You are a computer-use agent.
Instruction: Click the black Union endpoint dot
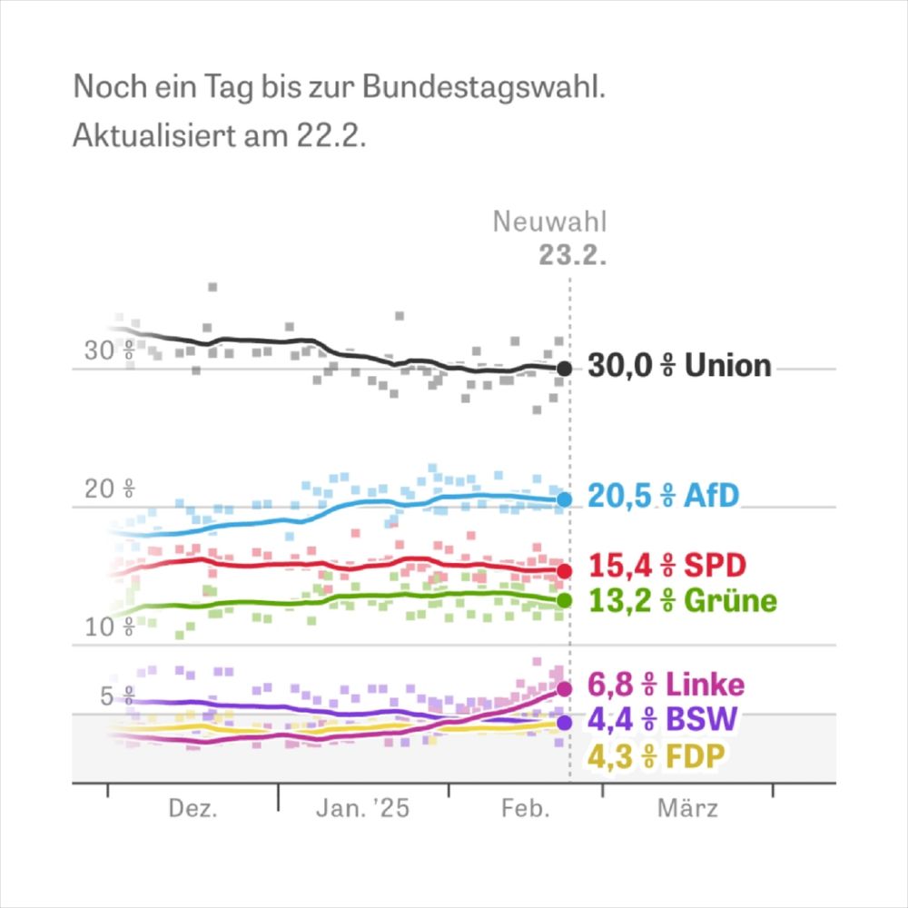coord(564,369)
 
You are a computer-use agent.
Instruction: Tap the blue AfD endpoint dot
coord(564,499)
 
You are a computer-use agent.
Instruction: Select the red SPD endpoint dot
coord(564,571)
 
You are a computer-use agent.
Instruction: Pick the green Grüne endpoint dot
coord(564,600)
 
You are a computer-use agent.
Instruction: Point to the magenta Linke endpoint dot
coord(564,689)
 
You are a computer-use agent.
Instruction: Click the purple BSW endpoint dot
coord(564,723)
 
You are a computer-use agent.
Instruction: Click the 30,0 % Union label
coord(679,366)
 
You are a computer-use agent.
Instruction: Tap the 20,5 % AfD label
coord(663,496)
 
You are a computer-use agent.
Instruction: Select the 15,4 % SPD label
coord(666,566)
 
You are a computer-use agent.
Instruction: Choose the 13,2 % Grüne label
coord(682,600)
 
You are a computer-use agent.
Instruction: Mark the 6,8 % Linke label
coord(666,684)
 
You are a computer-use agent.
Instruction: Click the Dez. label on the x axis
coord(192,809)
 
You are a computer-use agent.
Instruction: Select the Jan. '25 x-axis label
coord(362,809)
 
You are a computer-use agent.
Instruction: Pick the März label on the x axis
coord(687,809)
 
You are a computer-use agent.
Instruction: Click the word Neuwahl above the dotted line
coord(549,222)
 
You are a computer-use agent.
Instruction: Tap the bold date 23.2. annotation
coord(571,255)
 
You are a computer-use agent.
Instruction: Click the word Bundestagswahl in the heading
coord(483,88)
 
